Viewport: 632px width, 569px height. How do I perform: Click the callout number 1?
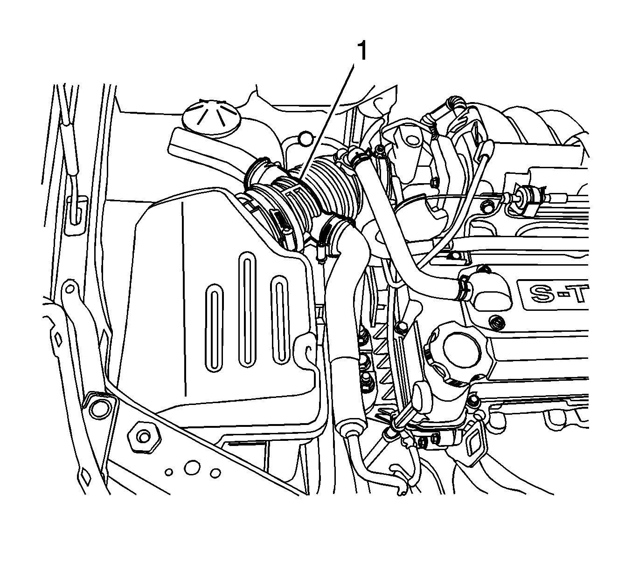(x=362, y=52)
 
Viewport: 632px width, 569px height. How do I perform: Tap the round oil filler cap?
(x=456, y=350)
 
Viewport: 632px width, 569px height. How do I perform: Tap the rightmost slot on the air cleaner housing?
(x=280, y=321)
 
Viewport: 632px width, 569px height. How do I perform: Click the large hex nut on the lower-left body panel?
(x=144, y=437)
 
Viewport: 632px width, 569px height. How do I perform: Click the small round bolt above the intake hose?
(x=305, y=138)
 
